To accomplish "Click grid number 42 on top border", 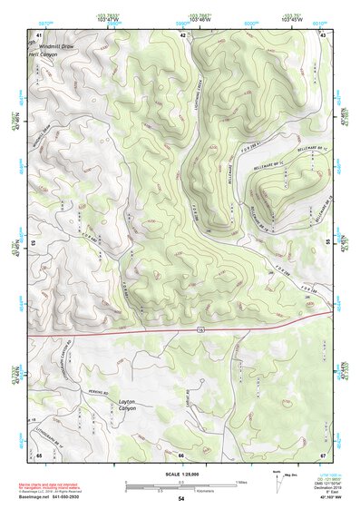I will click(182, 34).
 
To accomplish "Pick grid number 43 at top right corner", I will click(323, 34).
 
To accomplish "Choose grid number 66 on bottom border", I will click(180, 455).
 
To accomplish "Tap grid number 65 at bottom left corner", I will click(39, 455).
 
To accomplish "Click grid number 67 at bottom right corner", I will click(323, 455).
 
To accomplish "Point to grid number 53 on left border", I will click(35, 243).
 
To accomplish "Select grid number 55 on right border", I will click(326, 243).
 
